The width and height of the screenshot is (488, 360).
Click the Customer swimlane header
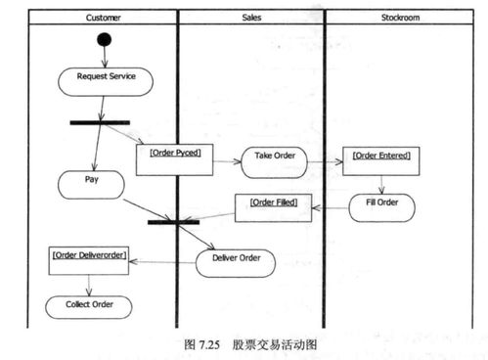tap(104, 17)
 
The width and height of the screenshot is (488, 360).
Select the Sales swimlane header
tap(250, 17)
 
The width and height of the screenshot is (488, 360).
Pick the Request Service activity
tap(104, 79)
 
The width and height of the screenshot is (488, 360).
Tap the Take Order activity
tap(274, 158)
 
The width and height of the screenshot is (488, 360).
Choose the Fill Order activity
tap(382, 205)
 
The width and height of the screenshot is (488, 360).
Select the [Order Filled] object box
tap(273, 206)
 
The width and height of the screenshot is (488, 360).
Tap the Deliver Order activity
tap(236, 260)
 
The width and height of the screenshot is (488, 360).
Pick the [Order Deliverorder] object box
tap(90, 260)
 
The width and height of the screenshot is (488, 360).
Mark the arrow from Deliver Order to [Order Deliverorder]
tap(164, 261)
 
